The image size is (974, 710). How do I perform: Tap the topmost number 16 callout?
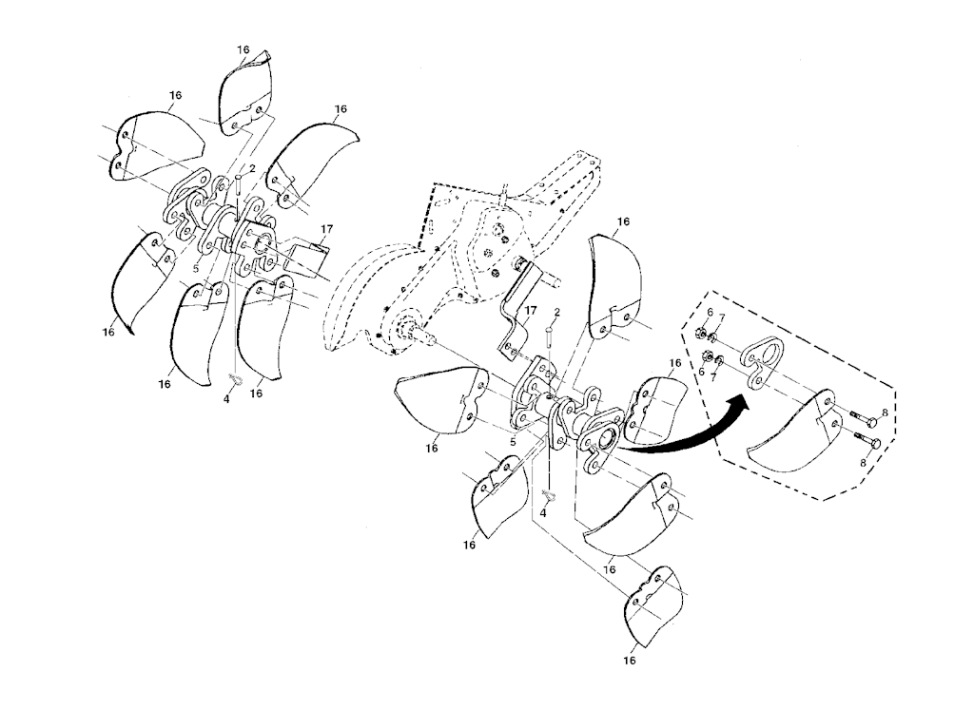click(243, 49)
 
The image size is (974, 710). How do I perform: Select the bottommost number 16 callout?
click(630, 661)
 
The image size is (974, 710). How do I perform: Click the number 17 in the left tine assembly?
click(327, 230)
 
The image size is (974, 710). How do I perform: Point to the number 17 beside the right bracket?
click(530, 308)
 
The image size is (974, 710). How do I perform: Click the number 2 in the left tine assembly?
click(252, 168)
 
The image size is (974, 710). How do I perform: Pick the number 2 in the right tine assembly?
click(557, 312)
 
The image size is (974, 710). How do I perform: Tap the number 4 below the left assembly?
click(226, 400)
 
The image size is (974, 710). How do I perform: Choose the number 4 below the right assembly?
click(543, 513)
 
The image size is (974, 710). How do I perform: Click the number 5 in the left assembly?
click(196, 269)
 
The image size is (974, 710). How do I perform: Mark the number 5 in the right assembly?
click(513, 443)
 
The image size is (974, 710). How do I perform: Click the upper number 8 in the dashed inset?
click(886, 412)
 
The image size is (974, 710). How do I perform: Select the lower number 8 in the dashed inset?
click(862, 462)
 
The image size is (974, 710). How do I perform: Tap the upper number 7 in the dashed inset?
click(722, 317)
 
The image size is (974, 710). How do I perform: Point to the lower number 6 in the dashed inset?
click(701, 371)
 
